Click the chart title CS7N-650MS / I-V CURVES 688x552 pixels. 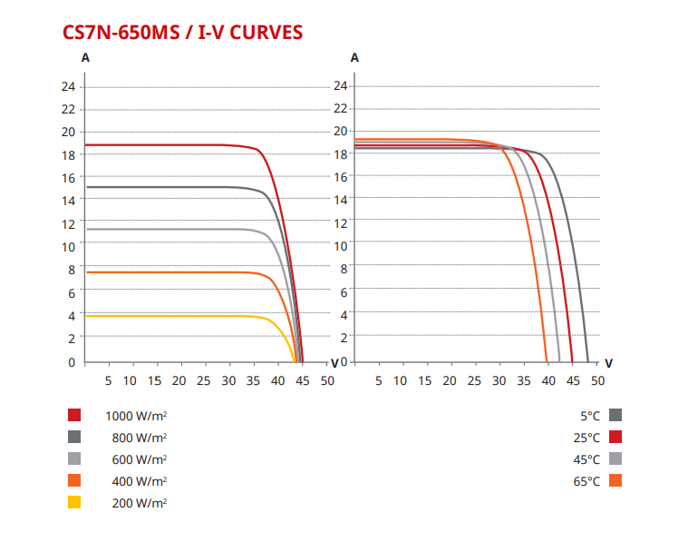point(182,32)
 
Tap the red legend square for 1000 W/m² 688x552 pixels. point(74,416)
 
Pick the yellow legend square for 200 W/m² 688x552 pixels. point(74,502)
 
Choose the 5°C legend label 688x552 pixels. point(590,416)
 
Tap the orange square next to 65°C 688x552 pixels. point(615,480)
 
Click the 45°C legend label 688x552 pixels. point(587,459)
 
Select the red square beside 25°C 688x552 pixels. point(615,438)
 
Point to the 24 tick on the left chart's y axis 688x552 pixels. point(68,87)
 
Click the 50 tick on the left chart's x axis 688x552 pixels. point(327,379)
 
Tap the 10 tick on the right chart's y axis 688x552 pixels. point(342,245)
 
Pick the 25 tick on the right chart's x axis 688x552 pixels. point(474,379)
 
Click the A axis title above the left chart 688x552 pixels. point(85,56)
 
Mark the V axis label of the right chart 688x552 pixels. point(608,362)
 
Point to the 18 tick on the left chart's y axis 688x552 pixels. point(68,155)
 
